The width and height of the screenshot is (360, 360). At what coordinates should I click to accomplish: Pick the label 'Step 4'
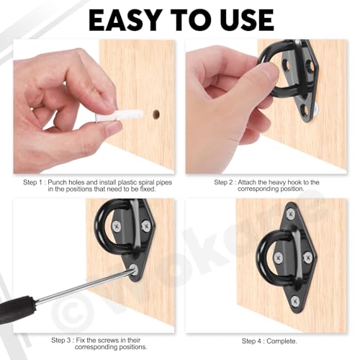(x=256, y=341)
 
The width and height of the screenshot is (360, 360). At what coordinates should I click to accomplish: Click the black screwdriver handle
(x=17, y=310)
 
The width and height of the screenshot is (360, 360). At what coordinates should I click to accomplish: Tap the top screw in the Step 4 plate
(x=290, y=213)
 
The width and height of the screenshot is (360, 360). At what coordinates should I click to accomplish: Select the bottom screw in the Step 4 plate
(x=293, y=300)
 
